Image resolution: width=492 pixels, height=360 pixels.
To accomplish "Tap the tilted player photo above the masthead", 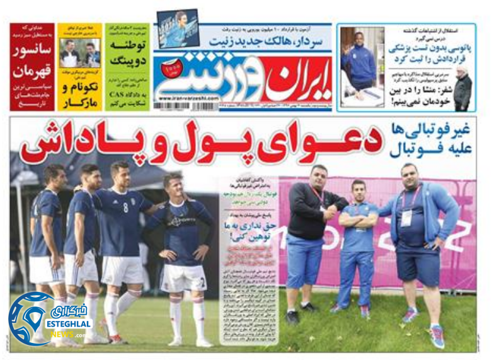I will click(178, 28).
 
